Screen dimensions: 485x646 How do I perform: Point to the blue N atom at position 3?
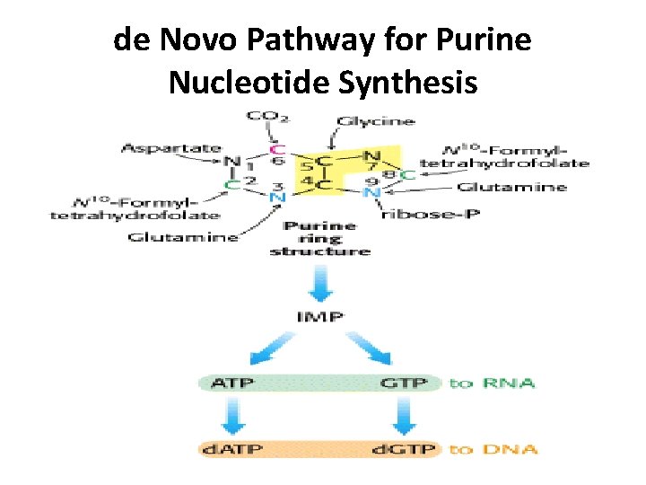[276, 198]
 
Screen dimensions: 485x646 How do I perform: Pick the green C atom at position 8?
[409, 175]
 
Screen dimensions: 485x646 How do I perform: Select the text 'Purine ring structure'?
[320, 238]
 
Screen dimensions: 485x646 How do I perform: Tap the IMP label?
[320, 317]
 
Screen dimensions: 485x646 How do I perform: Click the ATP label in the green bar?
[231, 384]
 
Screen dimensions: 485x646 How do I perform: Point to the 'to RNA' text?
[492, 384]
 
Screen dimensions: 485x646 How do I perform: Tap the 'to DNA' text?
[493, 448]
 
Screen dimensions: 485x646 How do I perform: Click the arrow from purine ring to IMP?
[320, 283]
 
